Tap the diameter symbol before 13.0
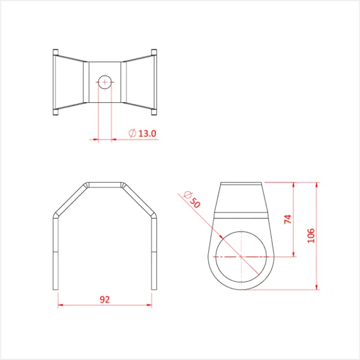[x=132, y=134]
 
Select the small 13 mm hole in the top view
[x=105, y=82]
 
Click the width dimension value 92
[x=105, y=300]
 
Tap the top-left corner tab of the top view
[x=56, y=52]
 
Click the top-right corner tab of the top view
[x=153, y=52]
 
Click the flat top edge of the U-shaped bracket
[x=105, y=183]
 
